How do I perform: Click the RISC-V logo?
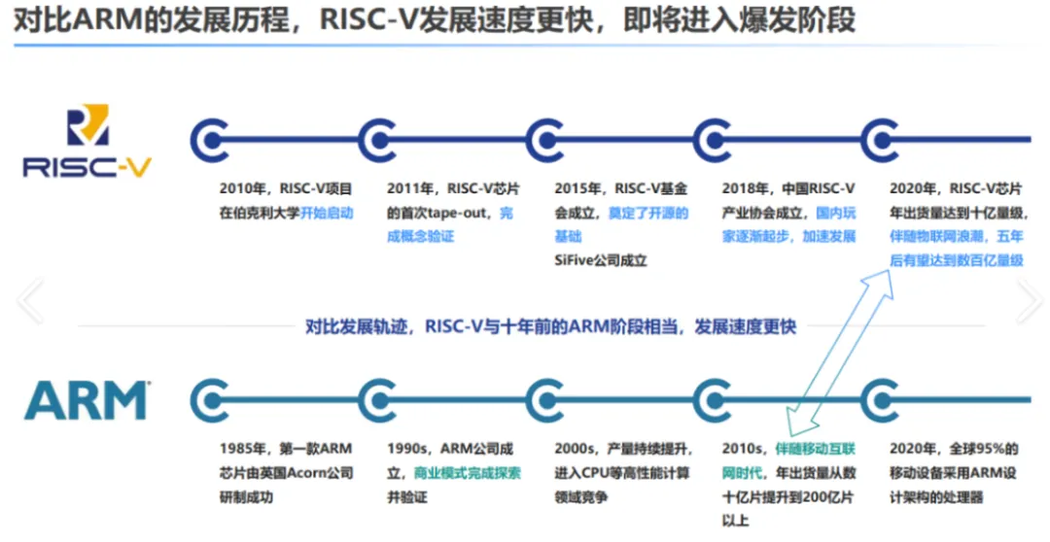[87, 141]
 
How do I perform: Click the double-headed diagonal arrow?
[840, 353]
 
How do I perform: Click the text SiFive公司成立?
[601, 260]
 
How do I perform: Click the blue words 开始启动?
[326, 213]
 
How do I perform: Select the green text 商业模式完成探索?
[468, 473]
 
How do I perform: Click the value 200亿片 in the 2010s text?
[828, 497]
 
